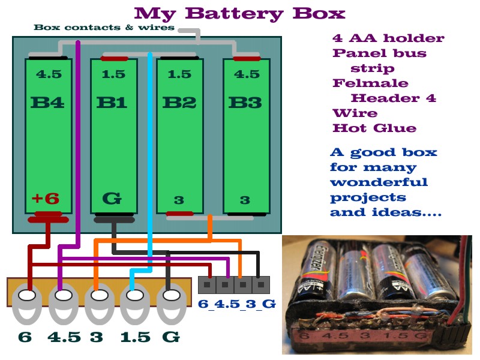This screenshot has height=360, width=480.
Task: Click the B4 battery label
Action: click(x=47, y=102)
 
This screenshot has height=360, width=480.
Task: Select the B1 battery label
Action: click(x=112, y=102)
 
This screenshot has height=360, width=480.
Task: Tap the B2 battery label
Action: click(x=179, y=102)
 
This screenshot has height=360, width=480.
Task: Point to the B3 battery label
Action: click(x=245, y=102)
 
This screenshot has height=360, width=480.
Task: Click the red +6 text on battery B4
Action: click(x=46, y=198)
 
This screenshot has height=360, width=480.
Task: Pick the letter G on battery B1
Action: click(x=112, y=197)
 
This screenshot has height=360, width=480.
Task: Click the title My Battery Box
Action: click(x=239, y=13)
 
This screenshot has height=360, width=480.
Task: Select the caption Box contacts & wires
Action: click(x=104, y=27)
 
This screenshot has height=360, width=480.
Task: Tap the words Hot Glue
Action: click(x=374, y=128)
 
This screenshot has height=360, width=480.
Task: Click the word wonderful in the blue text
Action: click(x=379, y=182)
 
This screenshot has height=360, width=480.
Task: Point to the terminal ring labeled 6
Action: click(x=26, y=297)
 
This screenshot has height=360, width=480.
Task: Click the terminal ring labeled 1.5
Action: click(x=135, y=297)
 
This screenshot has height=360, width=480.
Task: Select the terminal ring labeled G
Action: click(x=171, y=297)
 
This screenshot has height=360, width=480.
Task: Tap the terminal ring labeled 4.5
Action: click(x=62, y=297)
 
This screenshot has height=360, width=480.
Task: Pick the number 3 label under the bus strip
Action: click(x=97, y=337)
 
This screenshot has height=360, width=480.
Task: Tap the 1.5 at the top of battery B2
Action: click(x=179, y=74)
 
